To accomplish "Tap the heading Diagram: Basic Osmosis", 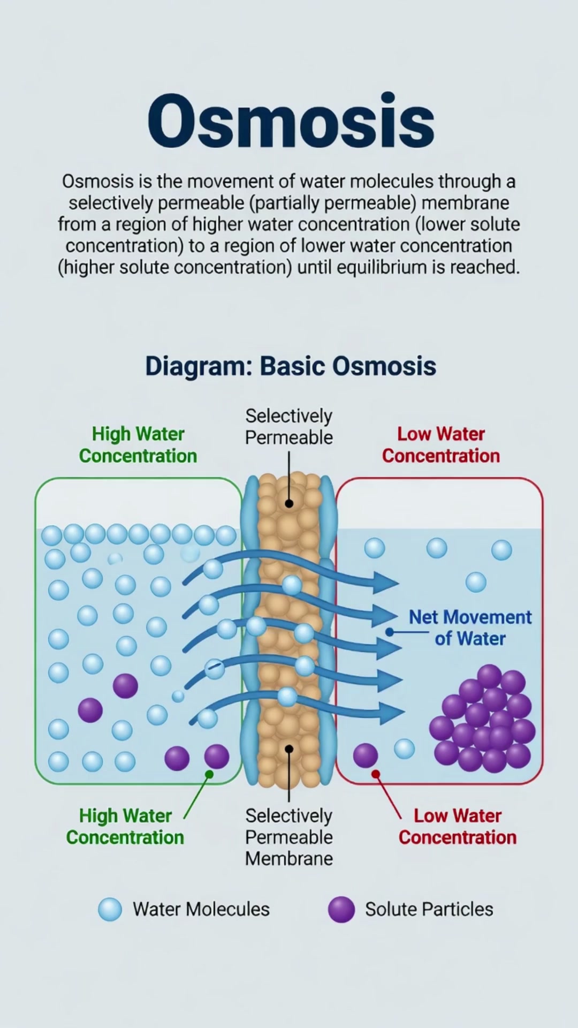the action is click(x=291, y=366).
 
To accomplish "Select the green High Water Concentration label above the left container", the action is click(x=138, y=445).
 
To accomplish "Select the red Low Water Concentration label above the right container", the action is click(x=441, y=445).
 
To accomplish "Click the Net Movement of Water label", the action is click(x=470, y=628).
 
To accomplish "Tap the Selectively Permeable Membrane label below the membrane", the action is click(x=289, y=837).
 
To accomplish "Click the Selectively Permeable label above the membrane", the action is click(x=289, y=427).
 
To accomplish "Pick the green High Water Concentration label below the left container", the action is click(x=125, y=827).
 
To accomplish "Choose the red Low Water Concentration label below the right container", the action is click(x=458, y=827).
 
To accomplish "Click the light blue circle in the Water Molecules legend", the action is click(x=110, y=909).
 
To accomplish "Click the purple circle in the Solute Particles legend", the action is click(x=341, y=909).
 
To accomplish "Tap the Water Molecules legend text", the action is click(x=201, y=909).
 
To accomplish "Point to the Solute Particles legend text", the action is click(x=429, y=909).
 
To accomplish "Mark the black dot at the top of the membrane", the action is click(x=289, y=503).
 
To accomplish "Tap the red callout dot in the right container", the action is click(x=376, y=774).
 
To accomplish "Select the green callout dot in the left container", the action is click(x=209, y=774).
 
